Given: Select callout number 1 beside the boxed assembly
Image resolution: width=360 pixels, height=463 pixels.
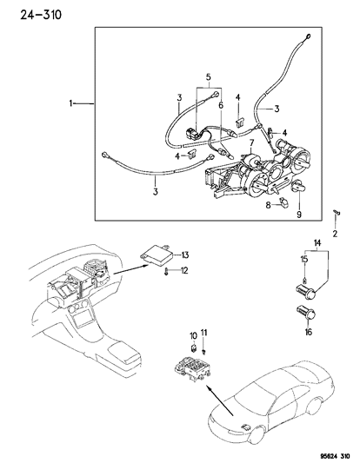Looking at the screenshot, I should coord(74,103).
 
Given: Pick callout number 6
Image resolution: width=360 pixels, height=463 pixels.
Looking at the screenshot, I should coord(221,105).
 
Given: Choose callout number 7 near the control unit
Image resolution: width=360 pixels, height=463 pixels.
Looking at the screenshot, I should coord(251,142).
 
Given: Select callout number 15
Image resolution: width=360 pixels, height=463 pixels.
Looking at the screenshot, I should coord(305,260).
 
